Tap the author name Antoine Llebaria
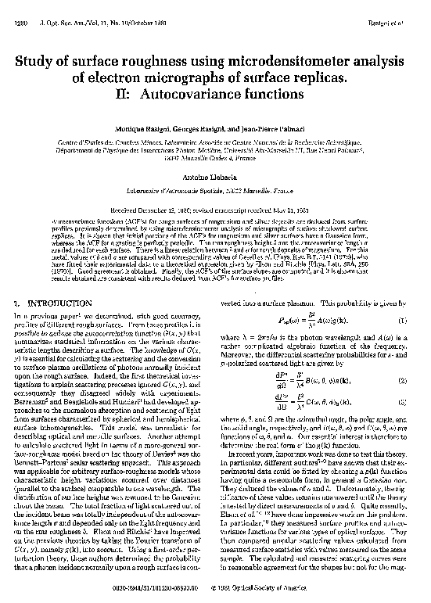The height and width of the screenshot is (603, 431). pyautogui.click(x=215, y=178)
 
